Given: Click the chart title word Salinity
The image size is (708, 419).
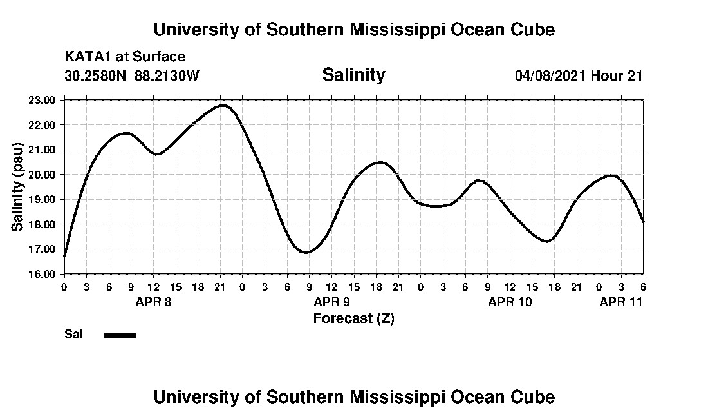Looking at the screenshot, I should tap(353, 75).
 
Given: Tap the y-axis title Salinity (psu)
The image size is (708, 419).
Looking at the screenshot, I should tap(17, 188).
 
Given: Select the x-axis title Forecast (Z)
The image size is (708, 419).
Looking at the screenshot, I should tap(353, 318).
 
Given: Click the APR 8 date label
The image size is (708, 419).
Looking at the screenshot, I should tap(153, 302).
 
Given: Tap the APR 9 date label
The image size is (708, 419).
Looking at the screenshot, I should tap(331, 302).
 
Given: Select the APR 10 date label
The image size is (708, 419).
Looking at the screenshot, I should tap(510, 302).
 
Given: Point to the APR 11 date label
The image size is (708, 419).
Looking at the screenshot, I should tap(621, 302).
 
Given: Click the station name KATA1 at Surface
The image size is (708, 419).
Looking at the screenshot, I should tap(125, 57).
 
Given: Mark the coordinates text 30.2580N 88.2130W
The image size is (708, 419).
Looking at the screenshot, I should tap(132, 75).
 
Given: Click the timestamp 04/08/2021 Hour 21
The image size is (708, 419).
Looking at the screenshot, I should tap(579, 75).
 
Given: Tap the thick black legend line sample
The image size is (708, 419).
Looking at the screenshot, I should tap(120, 335).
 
